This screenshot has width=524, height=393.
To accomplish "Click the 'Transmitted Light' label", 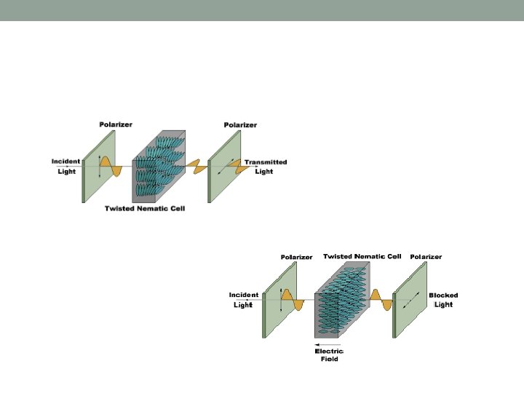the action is click(266, 167).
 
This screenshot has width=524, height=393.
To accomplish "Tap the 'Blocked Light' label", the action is click(443, 300).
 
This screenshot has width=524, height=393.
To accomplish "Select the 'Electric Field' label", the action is click(329, 355).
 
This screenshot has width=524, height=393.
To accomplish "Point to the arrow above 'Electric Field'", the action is click(327, 344).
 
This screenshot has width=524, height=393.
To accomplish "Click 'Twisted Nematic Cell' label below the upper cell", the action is click(145, 209).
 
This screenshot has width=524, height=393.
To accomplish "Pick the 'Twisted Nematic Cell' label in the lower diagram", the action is click(362, 256).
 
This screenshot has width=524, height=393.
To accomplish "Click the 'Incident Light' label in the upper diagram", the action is click(65, 167).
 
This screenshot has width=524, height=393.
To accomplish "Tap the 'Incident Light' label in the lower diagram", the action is click(244, 300).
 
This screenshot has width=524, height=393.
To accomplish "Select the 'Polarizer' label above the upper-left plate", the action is click(116, 124).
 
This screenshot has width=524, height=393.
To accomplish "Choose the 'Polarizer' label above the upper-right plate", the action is click(240, 125).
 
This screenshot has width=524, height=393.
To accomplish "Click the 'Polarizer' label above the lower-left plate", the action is click(296, 257).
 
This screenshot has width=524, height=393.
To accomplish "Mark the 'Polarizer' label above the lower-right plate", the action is click(426, 257).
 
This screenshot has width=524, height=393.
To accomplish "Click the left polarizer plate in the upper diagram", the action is click(98, 167).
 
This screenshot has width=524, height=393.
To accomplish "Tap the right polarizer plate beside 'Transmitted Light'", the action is click(224, 167).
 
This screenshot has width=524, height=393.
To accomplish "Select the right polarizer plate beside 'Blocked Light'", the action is click(410, 300).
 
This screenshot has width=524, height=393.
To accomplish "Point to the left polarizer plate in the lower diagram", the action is click(279, 300).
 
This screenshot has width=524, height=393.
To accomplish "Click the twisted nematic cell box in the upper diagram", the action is click(159, 167).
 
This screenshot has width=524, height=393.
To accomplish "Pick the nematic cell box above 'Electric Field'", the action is click(342, 300).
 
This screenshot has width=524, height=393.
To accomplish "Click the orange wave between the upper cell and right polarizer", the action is click(196, 167).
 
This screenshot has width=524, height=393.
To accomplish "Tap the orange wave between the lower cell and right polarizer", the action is click(381, 300).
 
